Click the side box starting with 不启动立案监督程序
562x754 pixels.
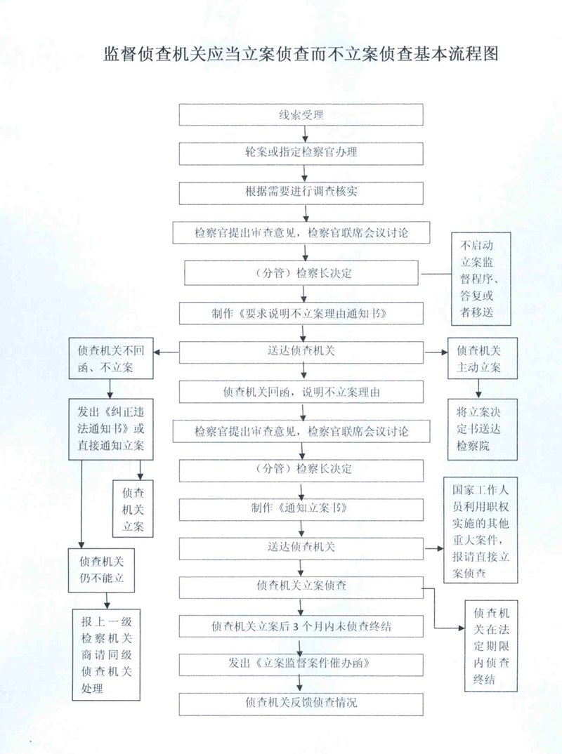481,279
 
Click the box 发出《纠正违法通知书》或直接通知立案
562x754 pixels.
110,428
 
